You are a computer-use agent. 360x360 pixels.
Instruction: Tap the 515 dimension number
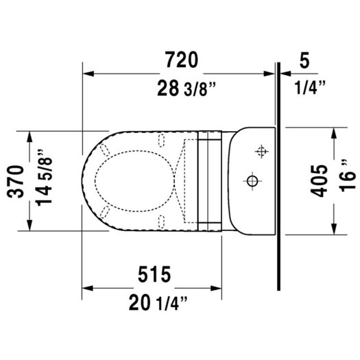(x=153, y=274)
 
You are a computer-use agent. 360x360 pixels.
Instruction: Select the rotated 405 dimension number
(x=319, y=181)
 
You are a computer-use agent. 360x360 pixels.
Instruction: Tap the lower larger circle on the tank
(x=252, y=182)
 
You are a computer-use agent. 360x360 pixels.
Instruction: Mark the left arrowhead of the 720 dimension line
(x=86, y=72)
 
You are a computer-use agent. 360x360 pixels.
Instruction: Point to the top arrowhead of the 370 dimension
(x=29, y=134)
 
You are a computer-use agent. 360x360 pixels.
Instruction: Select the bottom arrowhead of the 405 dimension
(x=334, y=230)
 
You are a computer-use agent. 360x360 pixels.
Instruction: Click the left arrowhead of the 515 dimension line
(x=86, y=286)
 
